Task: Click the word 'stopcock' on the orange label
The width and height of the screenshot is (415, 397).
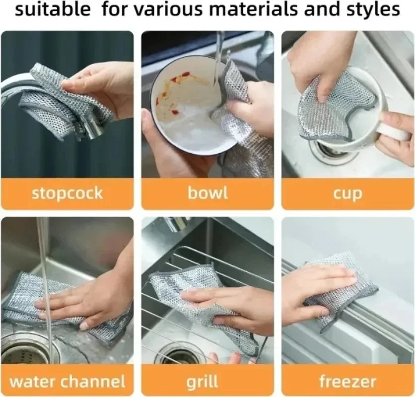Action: tap(67, 193)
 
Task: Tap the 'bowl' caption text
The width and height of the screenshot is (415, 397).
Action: tap(207, 193)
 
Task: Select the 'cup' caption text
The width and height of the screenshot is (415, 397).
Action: tap(347, 194)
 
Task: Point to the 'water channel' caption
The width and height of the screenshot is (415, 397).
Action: tap(67, 381)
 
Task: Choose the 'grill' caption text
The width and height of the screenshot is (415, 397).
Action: tap(203, 381)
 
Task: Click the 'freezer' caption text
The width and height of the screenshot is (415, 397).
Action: tap(347, 381)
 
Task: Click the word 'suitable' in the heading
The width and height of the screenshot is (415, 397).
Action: tap(53, 10)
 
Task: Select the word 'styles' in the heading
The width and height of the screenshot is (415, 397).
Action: tap(374, 10)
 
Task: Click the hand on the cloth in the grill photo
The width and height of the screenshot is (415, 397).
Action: tap(233, 303)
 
